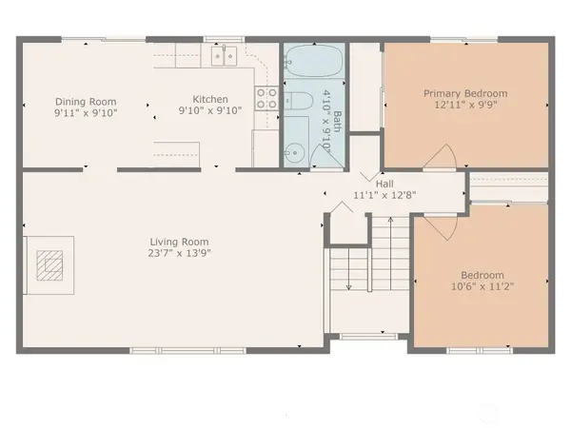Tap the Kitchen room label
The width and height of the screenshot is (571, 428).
click(x=210, y=99)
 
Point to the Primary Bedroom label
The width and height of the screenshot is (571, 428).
click(x=465, y=93)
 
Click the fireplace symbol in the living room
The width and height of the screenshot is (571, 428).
click(x=49, y=263)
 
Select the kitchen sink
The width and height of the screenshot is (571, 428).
click(x=225, y=57)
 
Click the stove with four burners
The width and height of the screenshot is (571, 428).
click(x=266, y=97)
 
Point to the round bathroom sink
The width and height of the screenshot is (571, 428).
click(x=293, y=150)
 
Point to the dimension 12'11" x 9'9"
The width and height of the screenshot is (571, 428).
click(x=465, y=105)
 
